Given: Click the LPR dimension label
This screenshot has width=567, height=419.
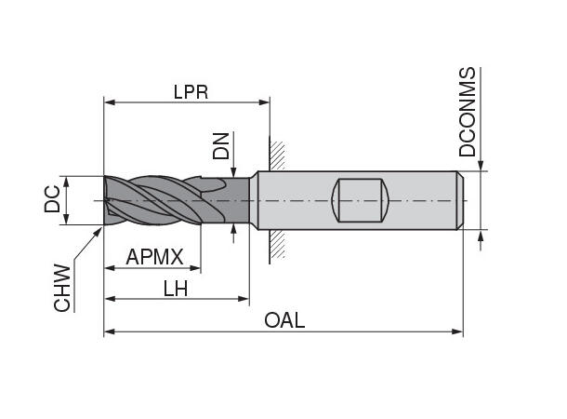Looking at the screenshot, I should (x=190, y=91).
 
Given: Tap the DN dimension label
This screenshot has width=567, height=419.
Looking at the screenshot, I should (x=220, y=144).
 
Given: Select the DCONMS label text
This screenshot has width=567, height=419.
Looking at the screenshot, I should (x=468, y=112).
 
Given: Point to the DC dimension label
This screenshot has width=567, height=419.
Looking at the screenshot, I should (x=54, y=198).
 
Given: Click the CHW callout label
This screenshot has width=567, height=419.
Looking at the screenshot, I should (x=62, y=287).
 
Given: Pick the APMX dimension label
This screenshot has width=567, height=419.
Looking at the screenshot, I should (x=155, y=257).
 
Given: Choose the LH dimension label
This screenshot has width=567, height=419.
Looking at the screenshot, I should (x=176, y=289).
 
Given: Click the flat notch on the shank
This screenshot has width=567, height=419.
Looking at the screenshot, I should (x=360, y=199).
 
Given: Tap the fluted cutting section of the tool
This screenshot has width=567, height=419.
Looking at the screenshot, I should (x=153, y=199).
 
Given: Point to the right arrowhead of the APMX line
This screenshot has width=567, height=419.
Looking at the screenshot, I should (x=196, y=268).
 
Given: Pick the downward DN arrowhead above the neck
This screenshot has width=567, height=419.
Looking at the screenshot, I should (x=234, y=174).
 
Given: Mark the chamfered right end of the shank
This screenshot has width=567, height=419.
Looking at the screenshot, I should (x=459, y=199).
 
